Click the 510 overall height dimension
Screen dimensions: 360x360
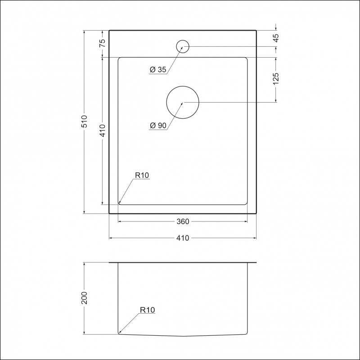point(85,121)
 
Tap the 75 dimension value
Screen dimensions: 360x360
point(103,43)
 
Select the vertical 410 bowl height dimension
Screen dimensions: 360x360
point(103,130)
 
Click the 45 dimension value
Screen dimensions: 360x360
point(276,38)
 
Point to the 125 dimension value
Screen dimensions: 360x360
point(276,79)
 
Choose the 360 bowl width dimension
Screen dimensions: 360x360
point(183,221)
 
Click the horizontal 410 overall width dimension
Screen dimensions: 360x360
point(183,238)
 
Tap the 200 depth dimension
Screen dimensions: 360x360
point(85,298)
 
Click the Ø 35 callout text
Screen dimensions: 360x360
point(158,69)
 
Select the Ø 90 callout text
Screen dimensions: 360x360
point(158,126)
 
